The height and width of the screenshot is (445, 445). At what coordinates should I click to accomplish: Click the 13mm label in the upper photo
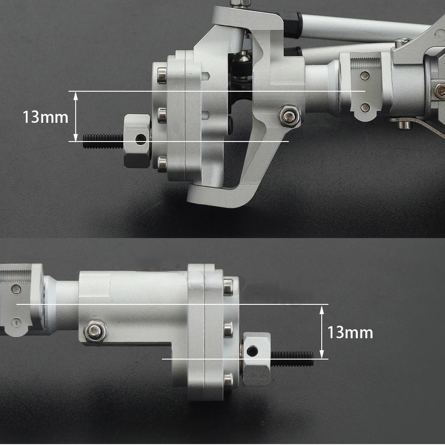[x=45, y=117]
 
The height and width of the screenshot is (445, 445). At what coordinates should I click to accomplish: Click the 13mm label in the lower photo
[x=350, y=332]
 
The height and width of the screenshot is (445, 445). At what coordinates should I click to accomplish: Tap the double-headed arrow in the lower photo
[x=321, y=332]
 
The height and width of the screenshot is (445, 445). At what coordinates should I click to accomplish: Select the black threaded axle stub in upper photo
[x=103, y=141]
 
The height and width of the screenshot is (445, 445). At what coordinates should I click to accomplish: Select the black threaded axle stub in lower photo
[x=291, y=358]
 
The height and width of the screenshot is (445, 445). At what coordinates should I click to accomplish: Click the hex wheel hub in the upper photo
[x=137, y=141]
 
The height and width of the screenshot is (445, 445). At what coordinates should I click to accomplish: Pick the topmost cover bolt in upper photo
[x=162, y=75]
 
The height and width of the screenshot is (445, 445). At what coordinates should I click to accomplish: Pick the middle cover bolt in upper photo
[x=162, y=115]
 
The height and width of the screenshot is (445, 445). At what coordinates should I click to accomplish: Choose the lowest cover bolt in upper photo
[x=162, y=163]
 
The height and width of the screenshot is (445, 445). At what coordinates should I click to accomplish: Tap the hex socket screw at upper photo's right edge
[x=440, y=91]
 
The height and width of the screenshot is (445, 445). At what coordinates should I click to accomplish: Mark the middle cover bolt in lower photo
[x=228, y=329]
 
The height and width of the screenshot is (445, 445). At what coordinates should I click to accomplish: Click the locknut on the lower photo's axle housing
[x=95, y=332]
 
